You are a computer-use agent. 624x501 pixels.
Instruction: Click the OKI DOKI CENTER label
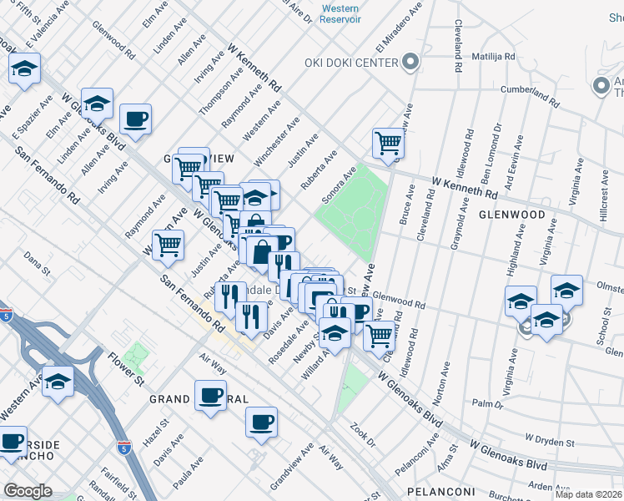point(352,63)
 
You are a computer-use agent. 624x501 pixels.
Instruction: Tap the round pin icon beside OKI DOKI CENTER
point(410,62)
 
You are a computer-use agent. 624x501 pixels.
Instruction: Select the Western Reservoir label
point(341,14)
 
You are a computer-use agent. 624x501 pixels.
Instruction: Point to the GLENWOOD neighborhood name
point(511,215)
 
